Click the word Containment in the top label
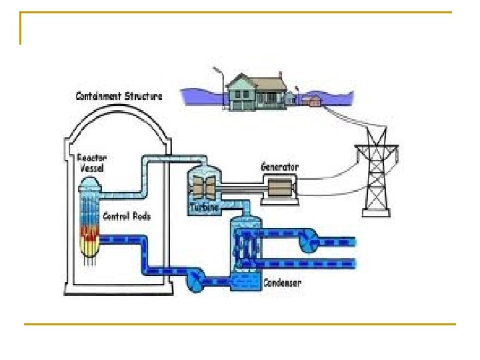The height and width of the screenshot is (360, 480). pyautogui.click(x=98, y=96)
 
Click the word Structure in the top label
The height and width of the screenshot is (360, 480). pyautogui.click(x=143, y=96)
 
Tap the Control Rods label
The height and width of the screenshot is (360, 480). pyautogui.click(x=126, y=216)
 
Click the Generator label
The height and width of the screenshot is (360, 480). pyautogui.click(x=279, y=167)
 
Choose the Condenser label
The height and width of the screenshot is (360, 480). pyautogui.click(x=281, y=283)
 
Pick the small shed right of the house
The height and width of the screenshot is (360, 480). pyautogui.click(x=311, y=101)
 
